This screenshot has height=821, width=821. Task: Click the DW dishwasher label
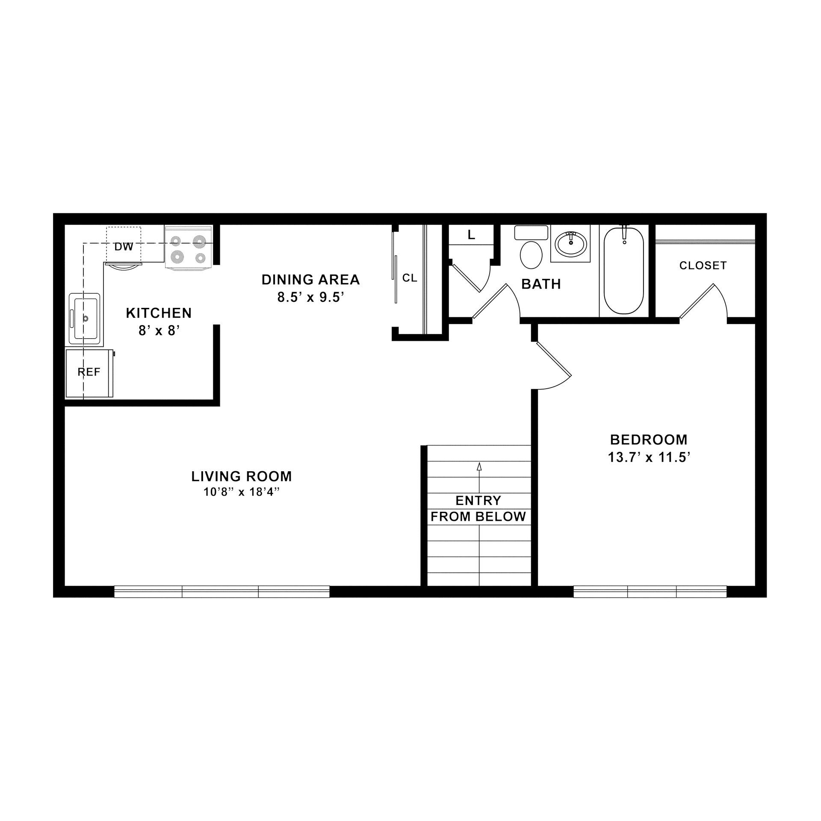click(124, 247)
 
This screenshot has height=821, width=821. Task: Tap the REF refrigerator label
click(89, 372)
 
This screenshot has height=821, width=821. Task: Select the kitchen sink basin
click(86, 319)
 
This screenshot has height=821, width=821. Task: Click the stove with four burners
click(189, 248)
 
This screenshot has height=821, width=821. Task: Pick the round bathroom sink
click(570, 243)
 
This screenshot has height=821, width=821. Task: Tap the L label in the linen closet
click(471, 235)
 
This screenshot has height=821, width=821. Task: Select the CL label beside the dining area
click(410, 278)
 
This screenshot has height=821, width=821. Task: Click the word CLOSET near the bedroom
click(703, 266)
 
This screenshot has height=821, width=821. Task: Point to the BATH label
click(541, 284)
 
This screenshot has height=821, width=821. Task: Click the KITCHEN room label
click(159, 313)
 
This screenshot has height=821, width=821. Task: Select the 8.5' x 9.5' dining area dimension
click(311, 297)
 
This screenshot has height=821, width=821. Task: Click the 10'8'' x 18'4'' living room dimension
click(242, 492)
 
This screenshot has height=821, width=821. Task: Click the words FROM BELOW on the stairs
click(478, 517)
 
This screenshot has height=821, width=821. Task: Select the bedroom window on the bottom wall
click(650, 592)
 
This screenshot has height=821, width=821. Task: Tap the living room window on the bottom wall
click(222, 592)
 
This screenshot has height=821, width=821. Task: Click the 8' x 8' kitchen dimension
click(158, 331)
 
